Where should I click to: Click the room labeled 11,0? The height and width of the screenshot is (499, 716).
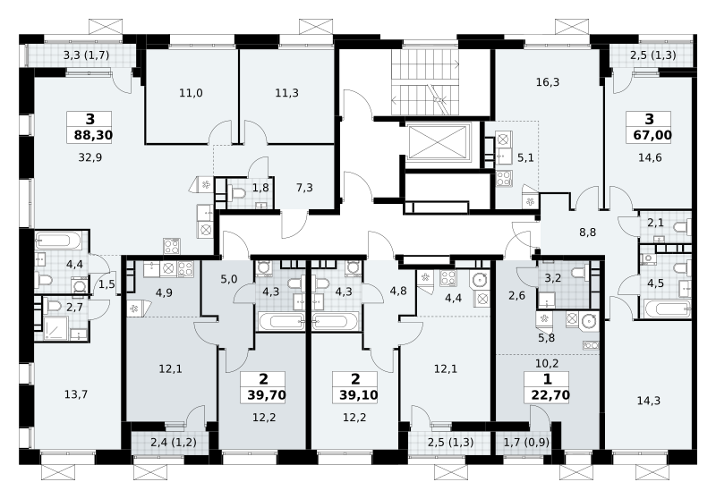coord(191,93)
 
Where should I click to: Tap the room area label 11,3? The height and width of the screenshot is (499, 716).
coord(286,93)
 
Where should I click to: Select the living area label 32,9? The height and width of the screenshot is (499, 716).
coord(90,157)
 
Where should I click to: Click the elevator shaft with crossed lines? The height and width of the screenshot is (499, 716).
coord(438,142)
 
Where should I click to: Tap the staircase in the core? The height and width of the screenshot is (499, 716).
coord(424,82)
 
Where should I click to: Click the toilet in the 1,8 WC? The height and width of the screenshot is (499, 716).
coord(237,193)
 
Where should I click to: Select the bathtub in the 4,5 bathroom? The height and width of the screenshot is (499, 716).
coord(667,309)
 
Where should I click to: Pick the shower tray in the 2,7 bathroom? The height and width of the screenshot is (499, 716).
coord(55,327)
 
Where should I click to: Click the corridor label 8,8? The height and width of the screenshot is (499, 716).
coord(588,233)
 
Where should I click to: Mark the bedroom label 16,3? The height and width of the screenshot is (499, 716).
coord(548,82)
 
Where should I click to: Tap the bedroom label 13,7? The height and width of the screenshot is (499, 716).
coord(76,394)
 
